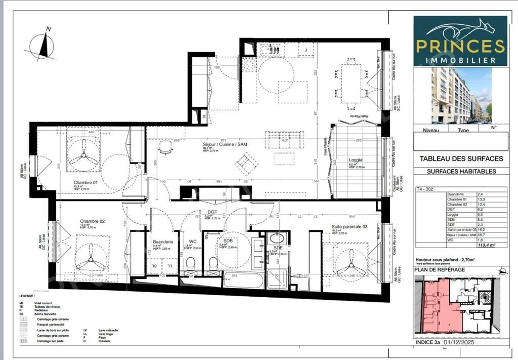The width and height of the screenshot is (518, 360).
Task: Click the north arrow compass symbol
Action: (x=43, y=46)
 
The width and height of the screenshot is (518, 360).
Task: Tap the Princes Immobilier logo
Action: (x=460, y=41)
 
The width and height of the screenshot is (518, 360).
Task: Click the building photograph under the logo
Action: (x=460, y=96)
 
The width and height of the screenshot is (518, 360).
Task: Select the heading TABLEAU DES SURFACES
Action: (x=461, y=158)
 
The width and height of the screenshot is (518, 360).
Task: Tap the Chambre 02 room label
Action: (x=92, y=221)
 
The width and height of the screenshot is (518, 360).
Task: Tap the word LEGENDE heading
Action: (x=27, y=296)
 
